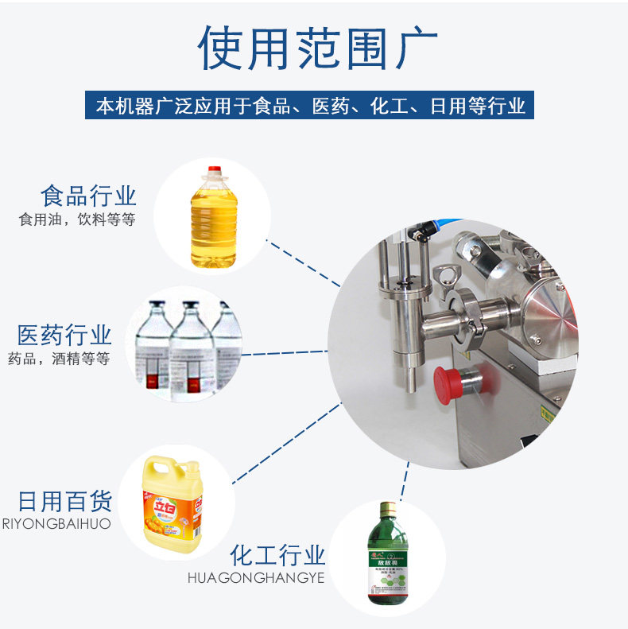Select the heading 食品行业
pos(89,196)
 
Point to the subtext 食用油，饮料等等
pos(77,219)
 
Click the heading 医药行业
pos(64,335)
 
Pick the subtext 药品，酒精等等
pos(58,358)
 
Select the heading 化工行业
pos(277,554)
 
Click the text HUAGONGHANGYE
pos(256,578)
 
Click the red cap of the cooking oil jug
pos(213,170)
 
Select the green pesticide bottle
pos(387,557)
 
